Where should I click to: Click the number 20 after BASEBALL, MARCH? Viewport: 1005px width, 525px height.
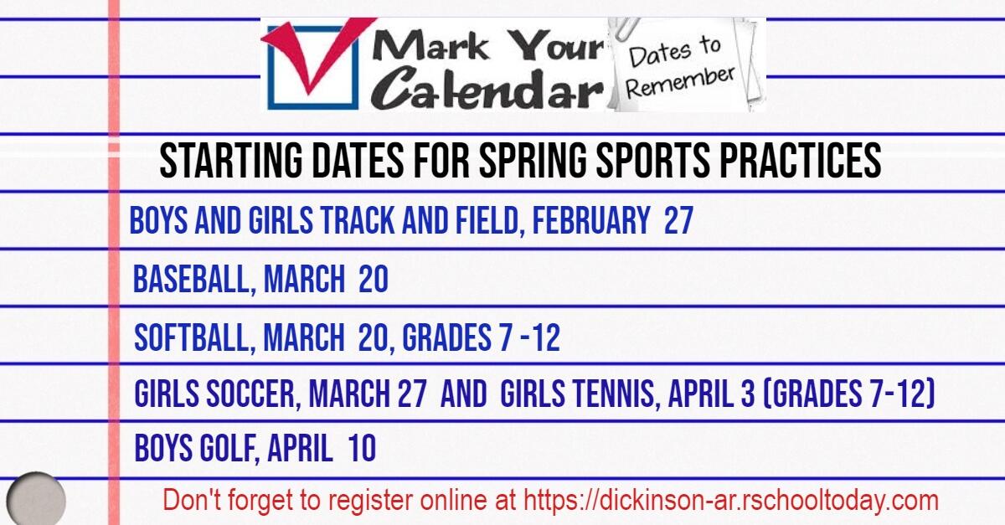374,281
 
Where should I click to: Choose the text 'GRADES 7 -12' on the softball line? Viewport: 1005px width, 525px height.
481,338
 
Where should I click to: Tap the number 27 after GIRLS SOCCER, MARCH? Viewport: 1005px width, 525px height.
411,394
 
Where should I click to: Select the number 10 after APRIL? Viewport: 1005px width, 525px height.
362,449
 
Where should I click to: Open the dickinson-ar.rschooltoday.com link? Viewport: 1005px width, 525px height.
730,501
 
